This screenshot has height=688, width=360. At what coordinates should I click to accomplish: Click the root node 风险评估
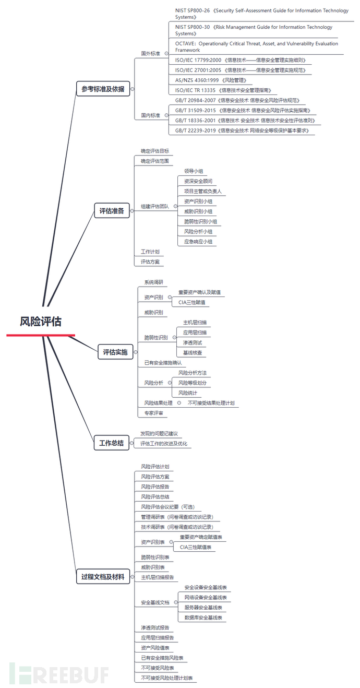coord(41,322)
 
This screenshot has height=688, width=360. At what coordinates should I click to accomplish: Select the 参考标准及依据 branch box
coord(103,89)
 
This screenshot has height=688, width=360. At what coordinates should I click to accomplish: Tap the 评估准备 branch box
coord(112,211)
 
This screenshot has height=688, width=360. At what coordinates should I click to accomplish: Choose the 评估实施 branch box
coord(115,352)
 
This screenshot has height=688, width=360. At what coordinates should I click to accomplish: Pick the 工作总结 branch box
coord(112,443)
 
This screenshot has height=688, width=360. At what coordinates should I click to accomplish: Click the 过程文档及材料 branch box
coord(103,576)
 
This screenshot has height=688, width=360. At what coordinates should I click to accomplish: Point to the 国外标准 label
coord(150,53)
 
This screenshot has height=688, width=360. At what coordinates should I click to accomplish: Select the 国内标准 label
coord(150,115)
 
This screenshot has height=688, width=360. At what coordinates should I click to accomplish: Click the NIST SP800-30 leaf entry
coord(254,30)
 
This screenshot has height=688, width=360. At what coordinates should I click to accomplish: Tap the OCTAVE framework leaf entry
coord(257,46)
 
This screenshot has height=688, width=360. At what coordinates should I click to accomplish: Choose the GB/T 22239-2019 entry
coord(242,131)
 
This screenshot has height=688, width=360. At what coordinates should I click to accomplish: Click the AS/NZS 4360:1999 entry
coord(211,80)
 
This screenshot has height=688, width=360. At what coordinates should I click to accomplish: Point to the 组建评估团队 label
coord(154,206)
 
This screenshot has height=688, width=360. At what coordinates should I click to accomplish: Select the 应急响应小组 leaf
coord(198,241)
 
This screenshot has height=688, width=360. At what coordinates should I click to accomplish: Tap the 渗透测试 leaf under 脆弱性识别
coord(193,342)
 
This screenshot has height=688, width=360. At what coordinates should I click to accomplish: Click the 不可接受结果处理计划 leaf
coord(211,403)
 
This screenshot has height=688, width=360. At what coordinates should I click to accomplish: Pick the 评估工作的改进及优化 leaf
coord(164,444)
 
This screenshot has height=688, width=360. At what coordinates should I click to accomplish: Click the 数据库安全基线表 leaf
coord(203,618)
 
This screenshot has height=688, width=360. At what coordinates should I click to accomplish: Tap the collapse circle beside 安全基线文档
coord(175,602)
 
